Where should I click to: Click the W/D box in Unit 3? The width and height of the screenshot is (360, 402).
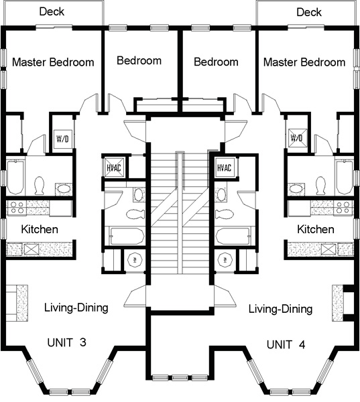point(62,139)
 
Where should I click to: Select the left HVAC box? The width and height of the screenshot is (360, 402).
point(114,167)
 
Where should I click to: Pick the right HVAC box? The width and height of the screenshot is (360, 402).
point(225,167)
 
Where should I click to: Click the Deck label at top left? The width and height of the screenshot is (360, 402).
point(52,11)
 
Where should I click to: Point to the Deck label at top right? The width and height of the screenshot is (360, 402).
point(309,12)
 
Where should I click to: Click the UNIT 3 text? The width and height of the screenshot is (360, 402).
point(67,342)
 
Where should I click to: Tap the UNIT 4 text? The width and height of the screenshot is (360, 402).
point(286,344)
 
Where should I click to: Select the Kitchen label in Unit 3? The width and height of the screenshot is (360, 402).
point(40,229)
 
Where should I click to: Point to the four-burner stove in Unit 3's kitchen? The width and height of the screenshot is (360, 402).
point(16,208)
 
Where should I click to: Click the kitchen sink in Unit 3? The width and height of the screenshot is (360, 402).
point(32,249)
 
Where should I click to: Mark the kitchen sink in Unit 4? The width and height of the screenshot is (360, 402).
point(329,249)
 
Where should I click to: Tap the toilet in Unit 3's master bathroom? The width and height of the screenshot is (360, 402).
point(40,185)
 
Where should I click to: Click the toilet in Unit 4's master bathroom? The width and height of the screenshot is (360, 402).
point(320,185)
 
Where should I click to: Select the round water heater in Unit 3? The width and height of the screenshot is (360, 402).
point(135,260)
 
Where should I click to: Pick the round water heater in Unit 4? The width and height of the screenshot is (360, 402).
point(225,260)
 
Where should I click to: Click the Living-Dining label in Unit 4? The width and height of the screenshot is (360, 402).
point(280,309)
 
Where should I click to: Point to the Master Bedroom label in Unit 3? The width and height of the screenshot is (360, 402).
point(53,62)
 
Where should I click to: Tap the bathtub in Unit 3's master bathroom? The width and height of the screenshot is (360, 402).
point(15,178)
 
